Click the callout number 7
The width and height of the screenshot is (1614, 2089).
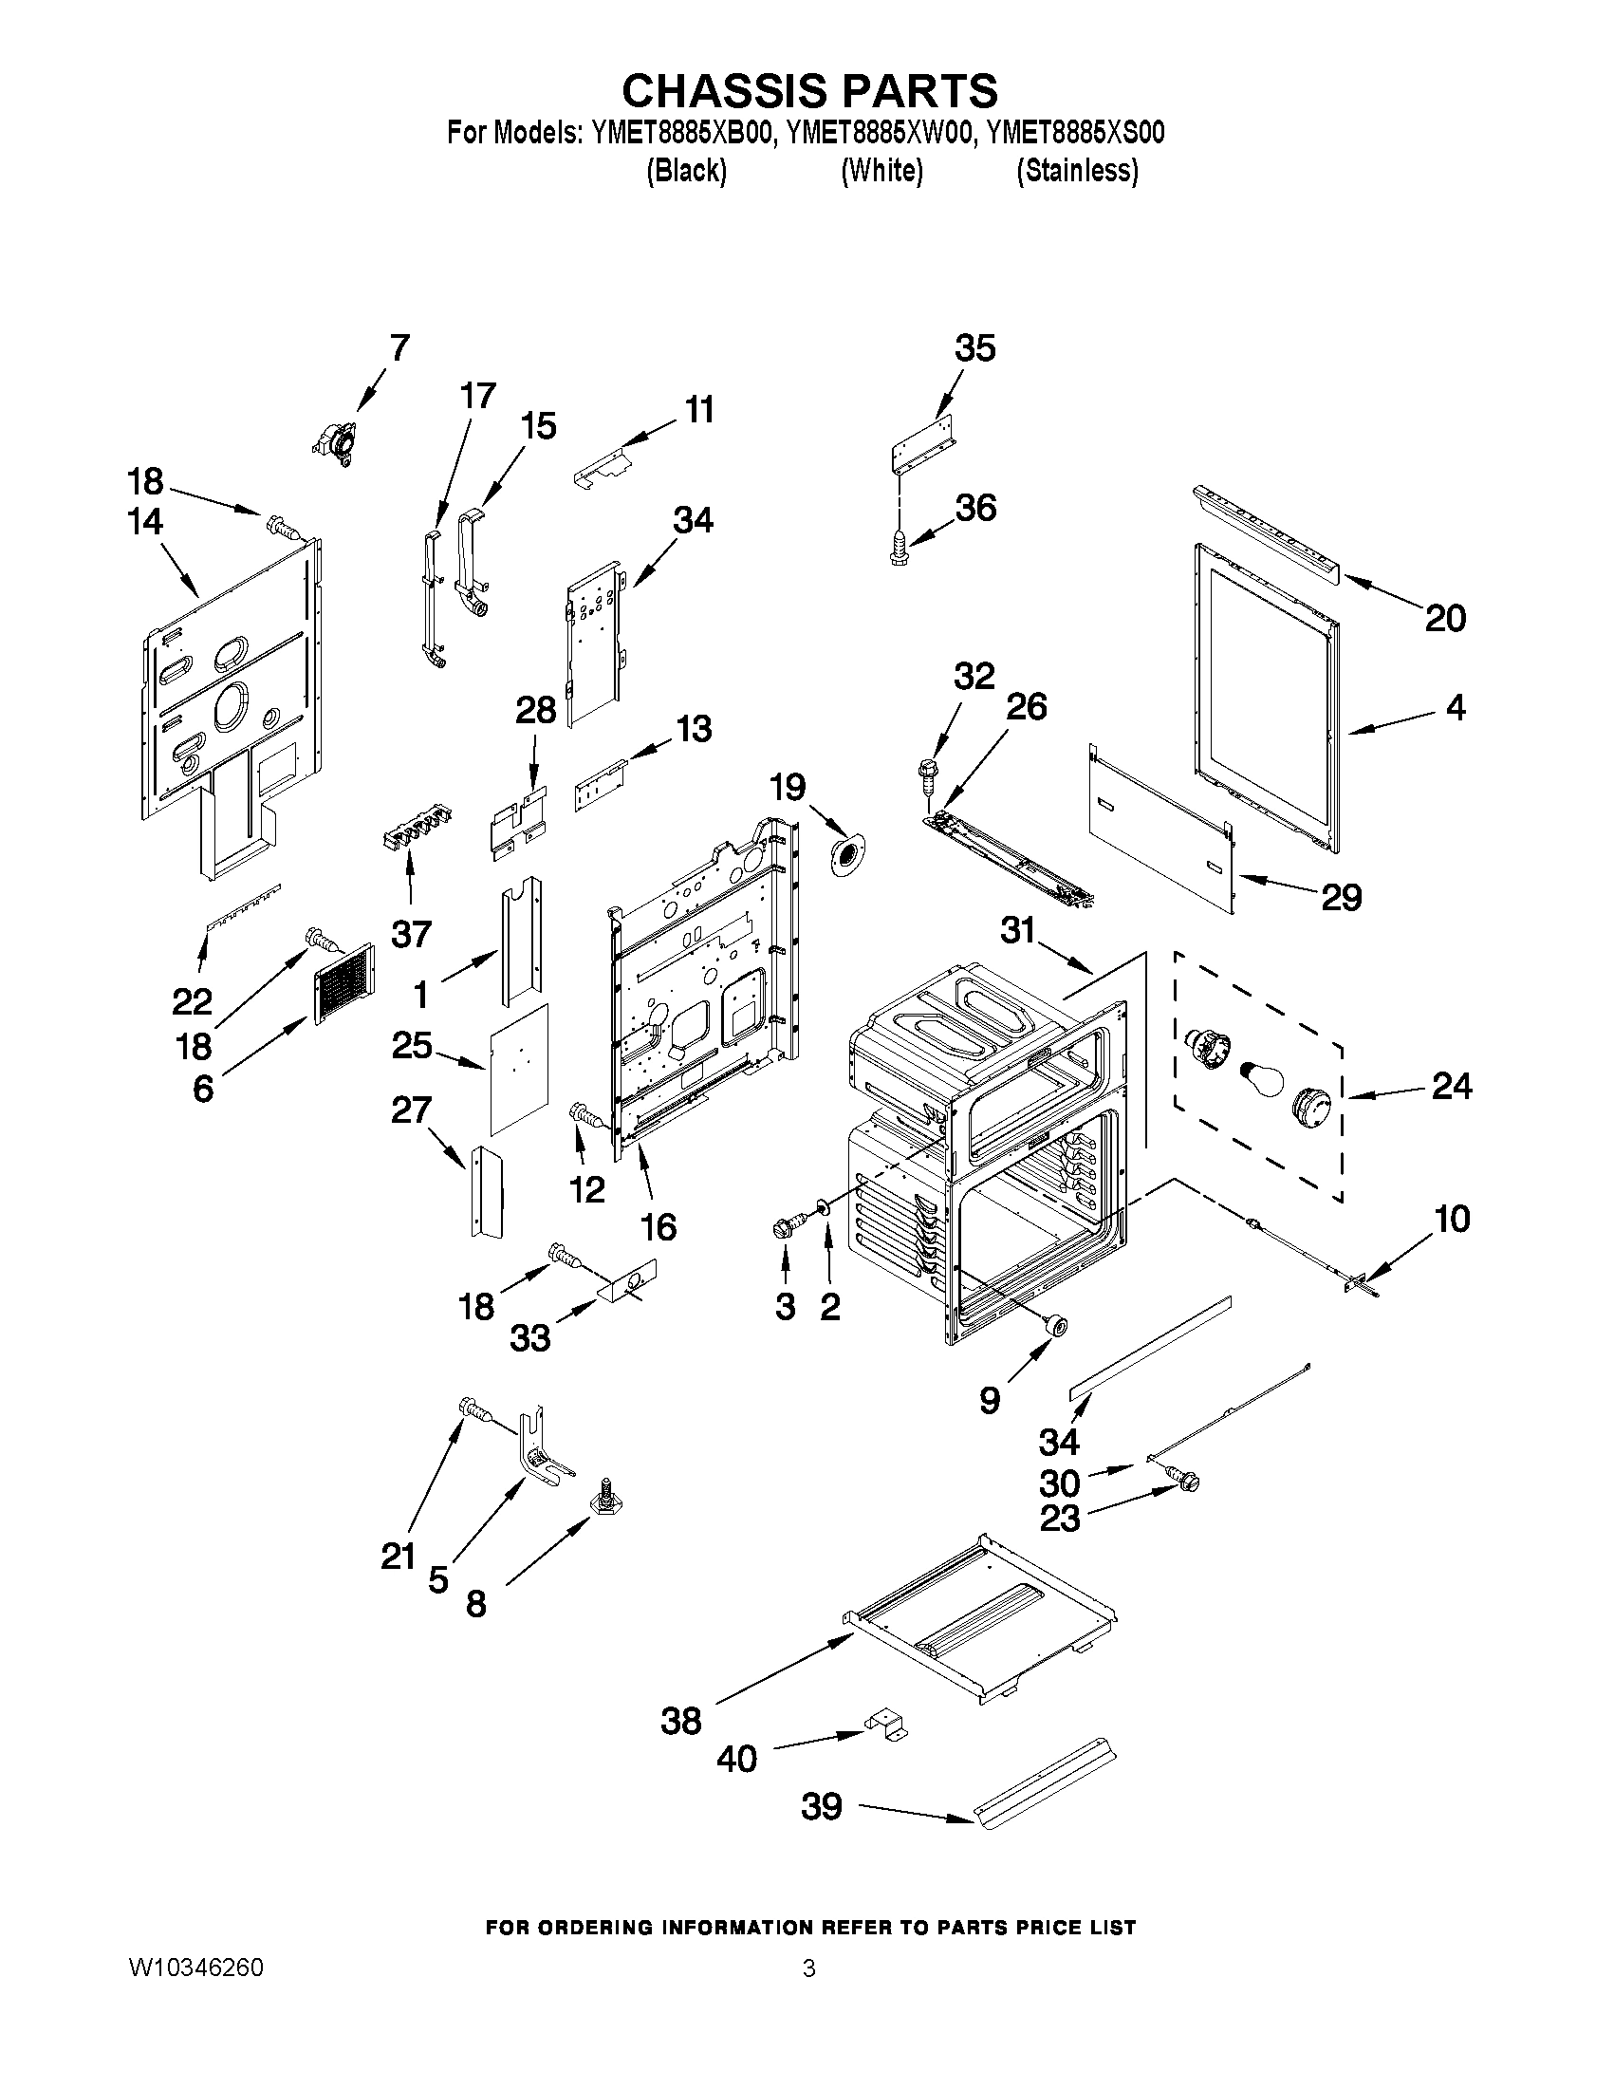399,347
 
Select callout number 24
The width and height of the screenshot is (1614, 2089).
1451,1086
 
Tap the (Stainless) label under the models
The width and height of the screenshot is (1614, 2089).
1077,171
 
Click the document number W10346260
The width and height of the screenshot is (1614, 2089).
195,1968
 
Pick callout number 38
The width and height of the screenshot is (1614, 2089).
680,1722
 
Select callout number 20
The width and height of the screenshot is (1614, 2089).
1444,619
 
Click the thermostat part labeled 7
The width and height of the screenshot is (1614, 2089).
333,442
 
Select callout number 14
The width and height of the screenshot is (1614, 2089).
145,522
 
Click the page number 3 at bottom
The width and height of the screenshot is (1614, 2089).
809,1968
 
